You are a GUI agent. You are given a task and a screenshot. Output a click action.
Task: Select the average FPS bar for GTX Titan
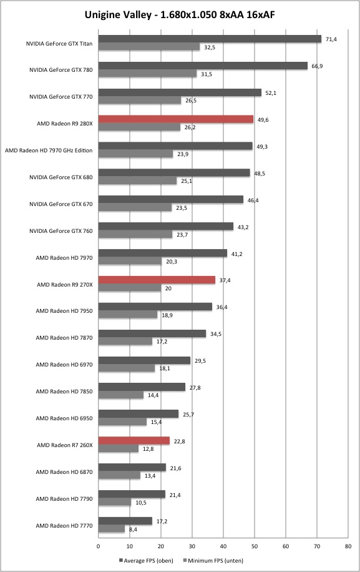click(x=210, y=39)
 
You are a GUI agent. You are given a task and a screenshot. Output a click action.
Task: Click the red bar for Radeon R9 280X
click(x=175, y=119)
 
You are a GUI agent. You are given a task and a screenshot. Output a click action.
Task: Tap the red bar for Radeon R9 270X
click(x=157, y=280)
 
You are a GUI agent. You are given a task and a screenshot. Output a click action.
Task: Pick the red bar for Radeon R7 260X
click(x=134, y=441)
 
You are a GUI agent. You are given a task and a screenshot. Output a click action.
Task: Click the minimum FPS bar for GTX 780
click(x=148, y=74)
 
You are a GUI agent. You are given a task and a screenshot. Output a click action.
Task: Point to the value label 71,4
click(x=331, y=39)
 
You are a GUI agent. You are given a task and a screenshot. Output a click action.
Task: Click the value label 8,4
click(x=133, y=530)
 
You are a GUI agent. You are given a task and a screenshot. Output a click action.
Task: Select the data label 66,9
click(x=317, y=66)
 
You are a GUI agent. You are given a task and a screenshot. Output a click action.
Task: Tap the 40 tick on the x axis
click(x=223, y=546)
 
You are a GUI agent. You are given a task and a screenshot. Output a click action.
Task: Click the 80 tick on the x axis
click(x=348, y=546)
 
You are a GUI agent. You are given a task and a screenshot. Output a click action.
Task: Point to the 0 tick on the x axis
click(x=99, y=546)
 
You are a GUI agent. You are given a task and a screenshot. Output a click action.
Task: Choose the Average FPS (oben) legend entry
click(x=146, y=560)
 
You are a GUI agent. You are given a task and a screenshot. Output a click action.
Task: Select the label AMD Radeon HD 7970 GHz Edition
click(x=49, y=150)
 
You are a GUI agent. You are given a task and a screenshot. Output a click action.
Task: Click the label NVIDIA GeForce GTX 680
click(x=61, y=177)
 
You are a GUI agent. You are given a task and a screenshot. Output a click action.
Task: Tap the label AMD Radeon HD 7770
click(x=64, y=526)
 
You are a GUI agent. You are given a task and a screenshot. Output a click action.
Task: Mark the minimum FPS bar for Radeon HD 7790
click(x=115, y=503)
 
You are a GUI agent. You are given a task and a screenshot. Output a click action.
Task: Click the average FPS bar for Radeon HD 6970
click(x=144, y=360)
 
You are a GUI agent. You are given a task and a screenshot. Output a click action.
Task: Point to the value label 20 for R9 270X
click(x=168, y=288)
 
